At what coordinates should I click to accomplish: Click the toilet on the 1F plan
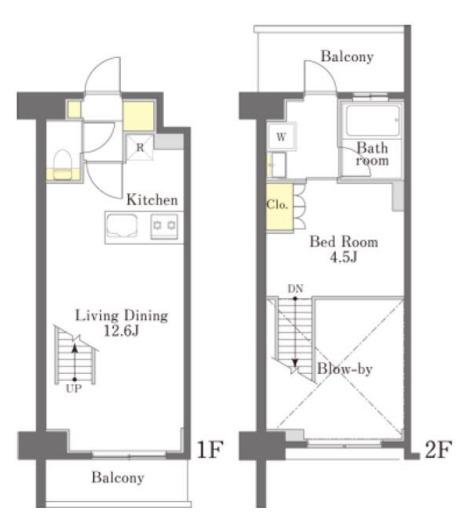tap(63, 165)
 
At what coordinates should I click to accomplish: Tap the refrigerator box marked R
tap(140, 148)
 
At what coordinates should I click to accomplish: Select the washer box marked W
tap(281, 137)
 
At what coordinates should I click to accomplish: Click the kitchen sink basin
tap(122, 225)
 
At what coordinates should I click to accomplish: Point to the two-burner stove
tap(164, 226)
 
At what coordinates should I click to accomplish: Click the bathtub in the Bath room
tap(372, 121)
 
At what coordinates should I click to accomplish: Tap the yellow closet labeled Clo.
tap(280, 207)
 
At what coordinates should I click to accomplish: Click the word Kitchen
tap(152, 200)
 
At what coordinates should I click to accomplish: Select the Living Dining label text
tap(121, 316)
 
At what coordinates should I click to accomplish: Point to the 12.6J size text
tap(121, 331)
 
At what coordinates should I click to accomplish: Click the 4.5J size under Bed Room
tap(344, 258)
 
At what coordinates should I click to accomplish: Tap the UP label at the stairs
tap(74, 389)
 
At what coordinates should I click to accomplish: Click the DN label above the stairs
tap(295, 289)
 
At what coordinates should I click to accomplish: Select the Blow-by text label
tap(345, 369)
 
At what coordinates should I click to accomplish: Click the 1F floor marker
tap(210, 449)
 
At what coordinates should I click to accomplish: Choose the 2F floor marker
tap(438, 449)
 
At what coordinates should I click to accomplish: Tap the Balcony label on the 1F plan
tap(118, 478)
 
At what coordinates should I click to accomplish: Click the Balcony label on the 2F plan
tap(347, 56)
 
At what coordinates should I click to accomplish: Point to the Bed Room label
tap(344, 242)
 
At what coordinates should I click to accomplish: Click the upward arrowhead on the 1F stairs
tap(75, 348)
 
